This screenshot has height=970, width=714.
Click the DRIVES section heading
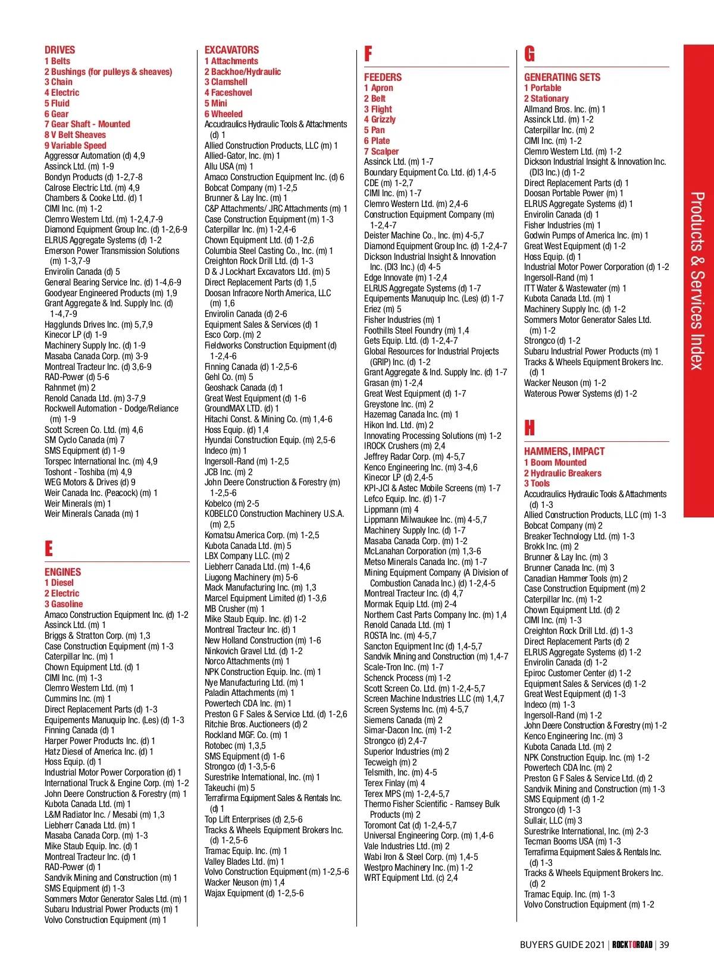(59, 50)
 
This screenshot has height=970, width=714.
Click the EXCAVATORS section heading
(231, 50)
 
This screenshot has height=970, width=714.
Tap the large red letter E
(49, 548)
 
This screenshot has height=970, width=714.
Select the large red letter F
(368, 55)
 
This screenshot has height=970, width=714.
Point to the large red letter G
(530, 55)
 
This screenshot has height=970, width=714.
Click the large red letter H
(530, 428)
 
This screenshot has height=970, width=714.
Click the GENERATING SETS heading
(562, 77)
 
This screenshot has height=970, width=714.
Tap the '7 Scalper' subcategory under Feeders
(381, 152)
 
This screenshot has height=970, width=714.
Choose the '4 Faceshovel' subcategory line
(228, 93)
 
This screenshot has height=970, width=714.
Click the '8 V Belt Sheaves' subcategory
(75, 135)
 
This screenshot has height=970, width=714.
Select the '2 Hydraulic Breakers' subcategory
(562, 473)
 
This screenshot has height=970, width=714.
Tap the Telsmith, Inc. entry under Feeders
(400, 773)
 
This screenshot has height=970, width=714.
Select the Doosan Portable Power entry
(574, 193)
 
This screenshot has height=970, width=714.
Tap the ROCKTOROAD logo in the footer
(632, 944)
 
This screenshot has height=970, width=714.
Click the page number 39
(664, 944)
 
